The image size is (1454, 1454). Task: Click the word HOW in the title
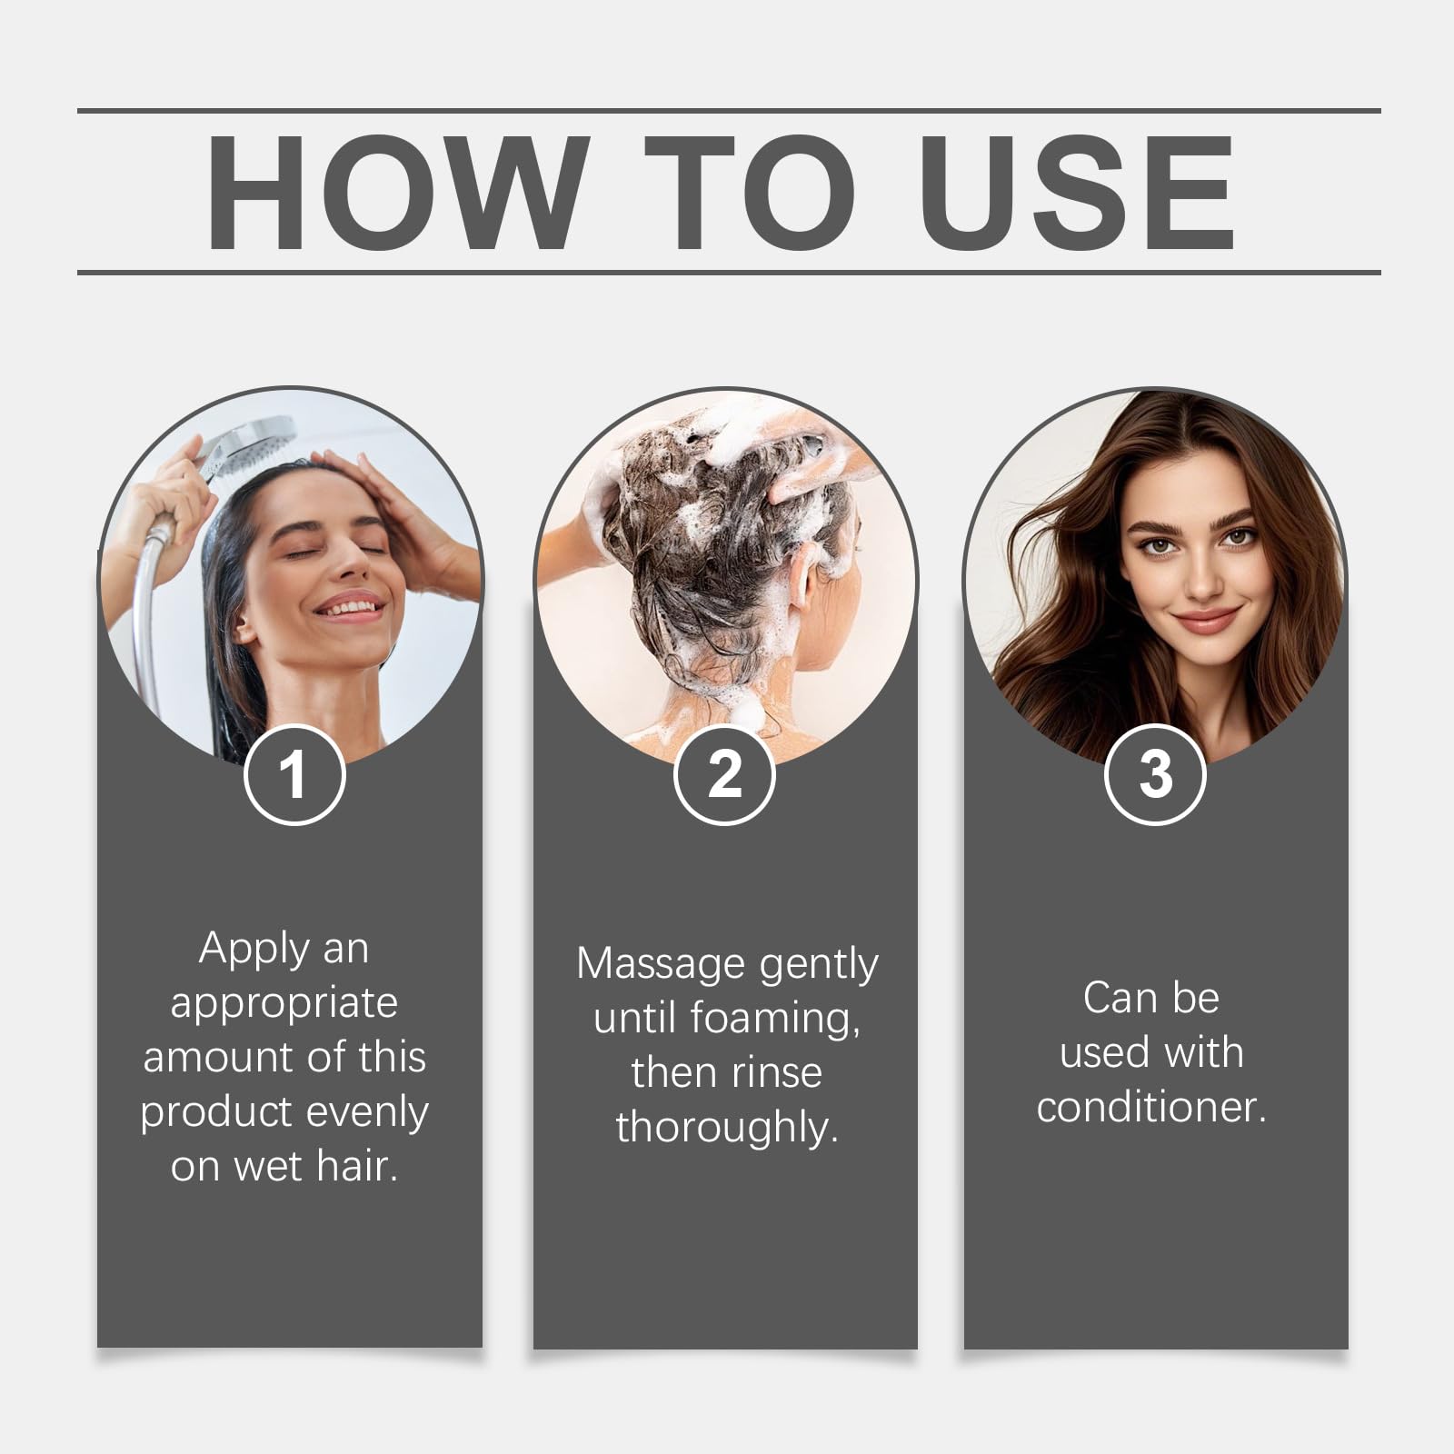(x=393, y=193)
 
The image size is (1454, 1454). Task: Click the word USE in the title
(x=1081, y=193)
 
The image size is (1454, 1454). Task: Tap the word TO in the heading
(x=750, y=193)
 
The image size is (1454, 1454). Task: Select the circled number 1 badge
(x=294, y=775)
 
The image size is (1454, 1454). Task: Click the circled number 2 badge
(x=724, y=775)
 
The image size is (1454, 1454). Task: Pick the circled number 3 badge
(x=1155, y=775)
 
